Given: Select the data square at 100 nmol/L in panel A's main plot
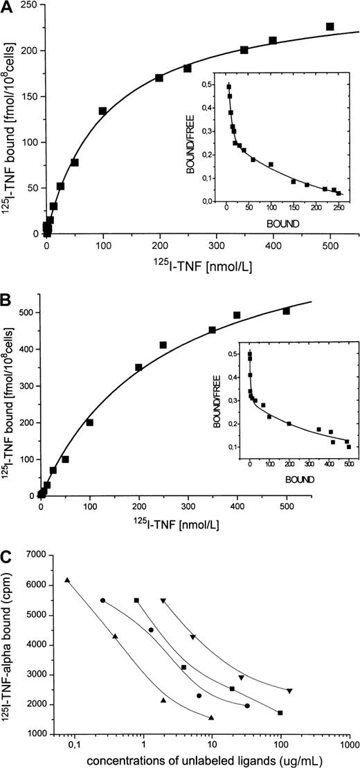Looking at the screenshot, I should coord(102,111).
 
